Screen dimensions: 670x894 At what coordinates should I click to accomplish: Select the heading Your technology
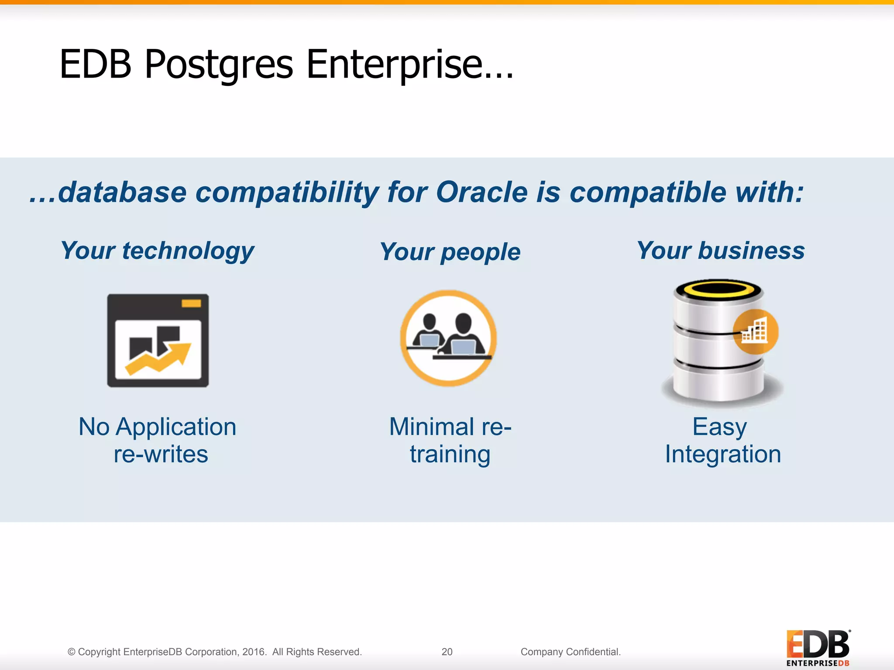157,251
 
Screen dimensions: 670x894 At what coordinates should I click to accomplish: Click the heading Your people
450,252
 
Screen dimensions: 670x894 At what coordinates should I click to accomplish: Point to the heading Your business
720,251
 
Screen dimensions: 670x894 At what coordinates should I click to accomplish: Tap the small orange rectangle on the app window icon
191,303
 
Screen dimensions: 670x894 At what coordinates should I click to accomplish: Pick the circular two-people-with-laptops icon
449,338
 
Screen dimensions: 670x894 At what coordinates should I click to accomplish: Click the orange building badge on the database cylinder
755,332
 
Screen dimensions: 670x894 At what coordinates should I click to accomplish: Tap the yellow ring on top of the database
718,289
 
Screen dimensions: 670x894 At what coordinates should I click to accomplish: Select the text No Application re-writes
158,440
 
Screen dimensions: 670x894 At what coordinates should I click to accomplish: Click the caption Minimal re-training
450,440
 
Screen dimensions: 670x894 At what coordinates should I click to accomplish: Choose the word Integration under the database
723,454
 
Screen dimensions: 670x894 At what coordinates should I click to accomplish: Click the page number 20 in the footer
447,652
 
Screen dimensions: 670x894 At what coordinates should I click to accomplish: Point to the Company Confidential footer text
571,652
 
